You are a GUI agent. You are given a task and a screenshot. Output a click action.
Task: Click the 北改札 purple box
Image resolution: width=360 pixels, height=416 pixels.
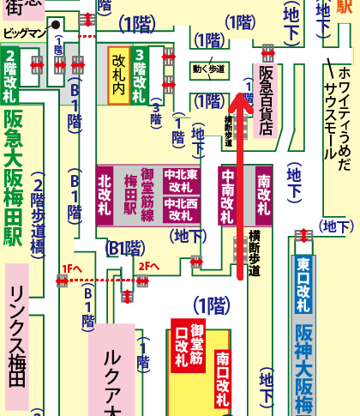coord(105,195)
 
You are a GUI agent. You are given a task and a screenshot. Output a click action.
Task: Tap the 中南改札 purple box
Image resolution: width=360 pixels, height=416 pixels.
coord(229,195)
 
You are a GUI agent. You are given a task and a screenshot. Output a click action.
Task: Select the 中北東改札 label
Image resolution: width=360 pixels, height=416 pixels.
coord(180,180)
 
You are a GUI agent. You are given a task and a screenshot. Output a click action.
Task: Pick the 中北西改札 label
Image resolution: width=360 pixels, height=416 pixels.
coord(180,209)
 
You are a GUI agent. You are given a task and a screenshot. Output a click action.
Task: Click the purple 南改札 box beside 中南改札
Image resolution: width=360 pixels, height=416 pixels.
coord(263,195)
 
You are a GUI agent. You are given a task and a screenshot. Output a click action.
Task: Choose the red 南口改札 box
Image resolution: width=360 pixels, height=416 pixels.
coord(222,377)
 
